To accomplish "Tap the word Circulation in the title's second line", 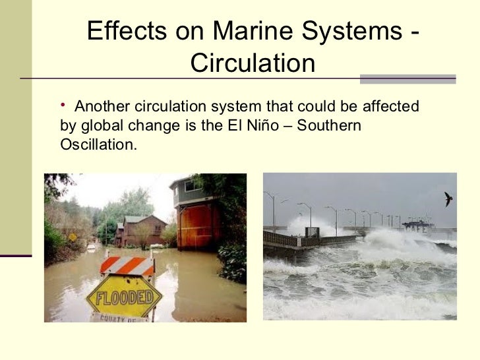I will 253,64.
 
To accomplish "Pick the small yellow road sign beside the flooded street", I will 72,237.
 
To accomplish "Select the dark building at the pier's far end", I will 415,225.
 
